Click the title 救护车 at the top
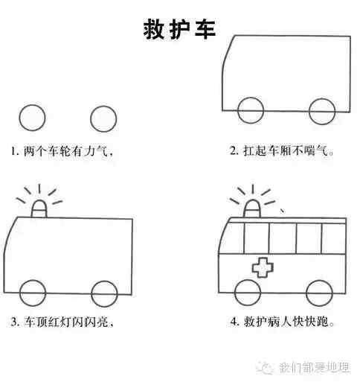pos(179,30)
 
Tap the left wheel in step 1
pos(19,118)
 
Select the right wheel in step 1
pos(91,119)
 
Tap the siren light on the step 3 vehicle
pos(39,209)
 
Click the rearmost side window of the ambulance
pos(334,238)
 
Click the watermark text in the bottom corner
pos(315,367)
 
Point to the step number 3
pos(15,322)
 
